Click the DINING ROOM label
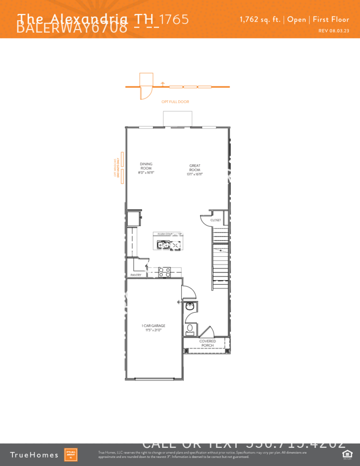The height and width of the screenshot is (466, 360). (146, 166)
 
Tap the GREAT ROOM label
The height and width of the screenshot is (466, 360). (195, 168)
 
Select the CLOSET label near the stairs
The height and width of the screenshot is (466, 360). (215, 220)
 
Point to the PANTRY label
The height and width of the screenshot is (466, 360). (136, 275)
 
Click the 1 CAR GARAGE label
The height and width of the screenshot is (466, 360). (153, 326)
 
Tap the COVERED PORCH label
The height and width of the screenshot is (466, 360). (208, 343)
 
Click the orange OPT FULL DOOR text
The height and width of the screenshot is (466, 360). (175, 102)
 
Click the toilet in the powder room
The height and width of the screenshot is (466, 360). (190, 328)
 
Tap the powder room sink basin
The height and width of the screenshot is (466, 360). (190, 307)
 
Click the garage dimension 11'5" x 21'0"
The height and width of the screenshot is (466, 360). (153, 330)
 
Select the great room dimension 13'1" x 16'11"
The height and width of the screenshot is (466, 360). (195, 174)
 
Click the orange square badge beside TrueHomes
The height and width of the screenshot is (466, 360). (70, 455)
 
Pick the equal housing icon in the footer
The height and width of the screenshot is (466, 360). (347, 454)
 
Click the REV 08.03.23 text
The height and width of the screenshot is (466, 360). (334, 31)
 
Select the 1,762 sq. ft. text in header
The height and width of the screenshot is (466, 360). (260, 20)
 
